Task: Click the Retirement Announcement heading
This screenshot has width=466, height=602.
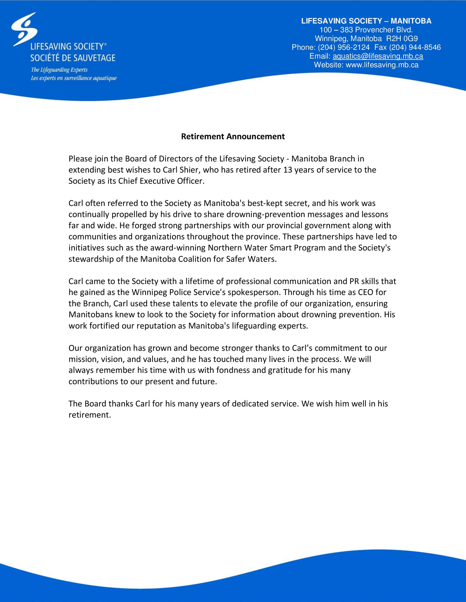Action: click(233, 137)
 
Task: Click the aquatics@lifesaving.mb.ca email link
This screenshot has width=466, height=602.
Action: click(378, 56)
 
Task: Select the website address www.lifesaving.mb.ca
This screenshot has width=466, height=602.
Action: click(382, 65)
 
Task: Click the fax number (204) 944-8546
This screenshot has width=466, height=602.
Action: click(415, 47)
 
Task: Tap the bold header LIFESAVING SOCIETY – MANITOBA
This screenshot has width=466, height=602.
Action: click(366, 21)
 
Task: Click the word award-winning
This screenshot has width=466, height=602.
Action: click(178, 248)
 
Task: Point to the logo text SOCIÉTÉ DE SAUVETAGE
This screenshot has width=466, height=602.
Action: click(73, 58)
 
